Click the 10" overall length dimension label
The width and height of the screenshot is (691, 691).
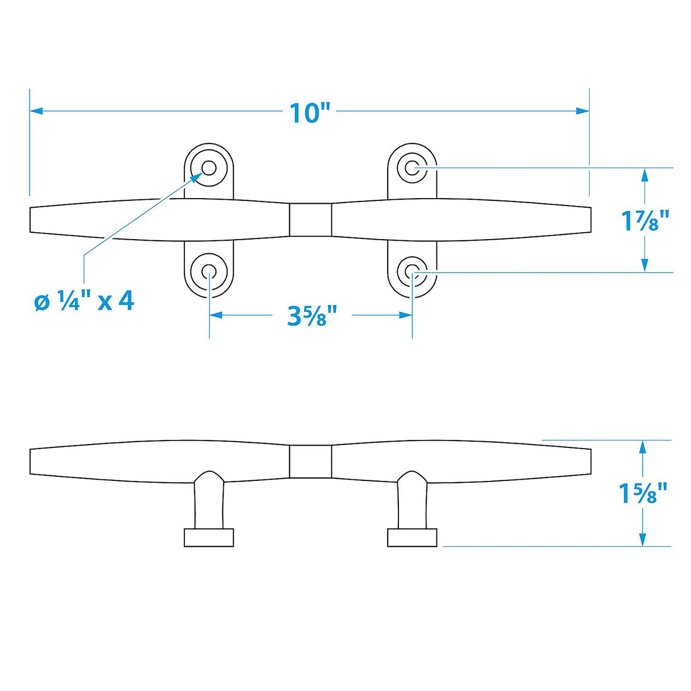tap(310, 113)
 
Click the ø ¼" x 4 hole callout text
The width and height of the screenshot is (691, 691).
tap(84, 301)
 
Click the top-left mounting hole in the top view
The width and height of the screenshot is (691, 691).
tap(209, 168)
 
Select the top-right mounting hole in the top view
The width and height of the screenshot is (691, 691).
tap(412, 168)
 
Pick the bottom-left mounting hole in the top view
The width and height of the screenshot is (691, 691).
tap(209, 272)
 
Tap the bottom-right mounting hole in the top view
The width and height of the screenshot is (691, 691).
tap(412, 272)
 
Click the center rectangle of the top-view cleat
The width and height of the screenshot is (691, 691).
tap(310, 220)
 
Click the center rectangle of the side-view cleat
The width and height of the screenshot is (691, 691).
tap(310, 461)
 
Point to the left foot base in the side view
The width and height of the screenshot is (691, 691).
tap(209, 537)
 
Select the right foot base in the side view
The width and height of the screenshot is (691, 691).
tap(412, 537)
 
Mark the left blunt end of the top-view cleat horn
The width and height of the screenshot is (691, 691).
tap(31, 220)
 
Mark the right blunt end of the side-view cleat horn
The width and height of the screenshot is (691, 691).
tap(590, 461)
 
